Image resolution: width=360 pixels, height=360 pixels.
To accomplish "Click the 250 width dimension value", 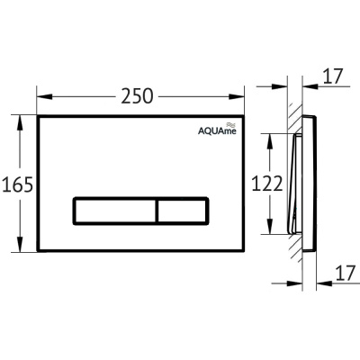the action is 137,96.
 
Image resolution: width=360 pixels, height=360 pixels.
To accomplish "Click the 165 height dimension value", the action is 17,184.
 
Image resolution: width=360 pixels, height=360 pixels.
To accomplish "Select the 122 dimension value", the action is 266,184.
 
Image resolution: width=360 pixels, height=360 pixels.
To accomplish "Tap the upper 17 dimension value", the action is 333,76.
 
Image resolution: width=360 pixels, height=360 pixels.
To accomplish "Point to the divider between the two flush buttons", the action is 157,211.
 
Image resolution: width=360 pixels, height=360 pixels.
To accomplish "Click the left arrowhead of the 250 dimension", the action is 44,96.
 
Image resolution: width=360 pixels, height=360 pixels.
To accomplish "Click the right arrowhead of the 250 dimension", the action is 237,96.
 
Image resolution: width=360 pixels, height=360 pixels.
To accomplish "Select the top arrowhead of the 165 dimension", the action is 20,122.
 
